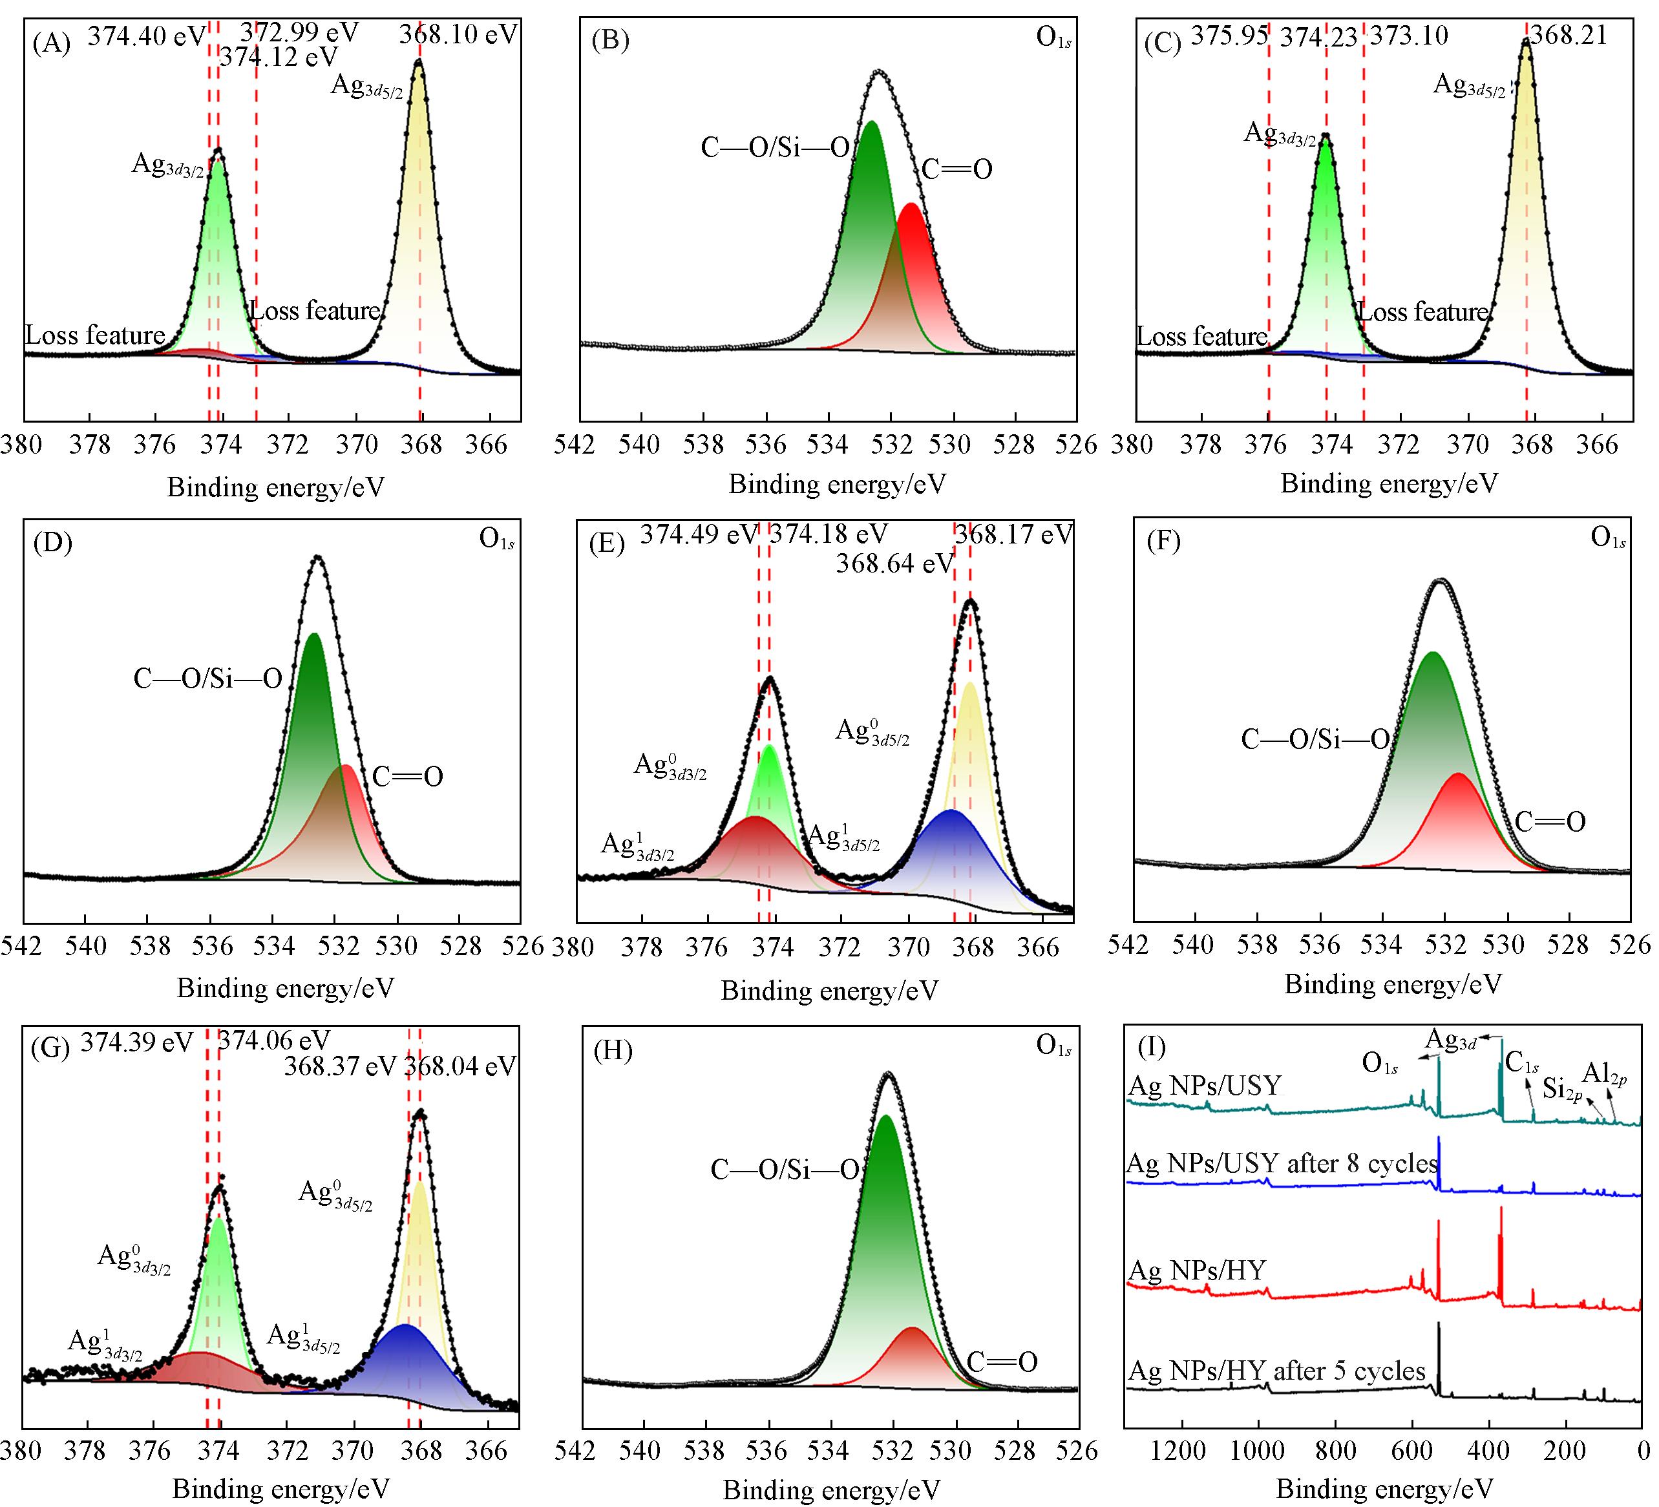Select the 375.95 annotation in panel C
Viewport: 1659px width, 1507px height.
(x=1229, y=36)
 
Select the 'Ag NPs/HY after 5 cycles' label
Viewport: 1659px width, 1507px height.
(x=1276, y=1371)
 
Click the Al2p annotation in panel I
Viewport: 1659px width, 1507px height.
(x=1604, y=1074)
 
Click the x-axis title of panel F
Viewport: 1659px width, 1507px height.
(x=1392, y=984)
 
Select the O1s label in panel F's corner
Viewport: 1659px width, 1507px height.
(x=1608, y=538)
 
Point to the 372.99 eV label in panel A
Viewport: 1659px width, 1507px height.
(x=299, y=32)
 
